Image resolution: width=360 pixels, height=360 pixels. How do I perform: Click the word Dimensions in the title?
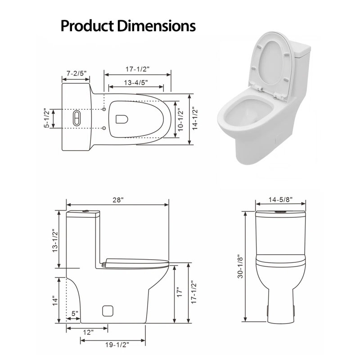(x=157, y=26)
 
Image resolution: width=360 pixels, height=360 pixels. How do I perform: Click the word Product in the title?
(x=87, y=26)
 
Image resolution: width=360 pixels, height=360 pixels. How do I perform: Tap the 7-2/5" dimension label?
(x=76, y=73)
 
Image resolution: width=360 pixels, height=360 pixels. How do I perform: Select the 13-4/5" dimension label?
(x=136, y=82)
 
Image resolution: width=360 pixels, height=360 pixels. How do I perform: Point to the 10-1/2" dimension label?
(x=181, y=119)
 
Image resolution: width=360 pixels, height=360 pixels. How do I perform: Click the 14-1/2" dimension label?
(x=195, y=118)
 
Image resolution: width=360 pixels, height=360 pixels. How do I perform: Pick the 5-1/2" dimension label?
(x=47, y=118)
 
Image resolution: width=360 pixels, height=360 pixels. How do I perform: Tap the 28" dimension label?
(x=118, y=200)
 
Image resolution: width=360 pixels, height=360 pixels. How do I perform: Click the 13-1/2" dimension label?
(x=55, y=241)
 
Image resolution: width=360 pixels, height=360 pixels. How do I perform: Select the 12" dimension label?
(x=88, y=332)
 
